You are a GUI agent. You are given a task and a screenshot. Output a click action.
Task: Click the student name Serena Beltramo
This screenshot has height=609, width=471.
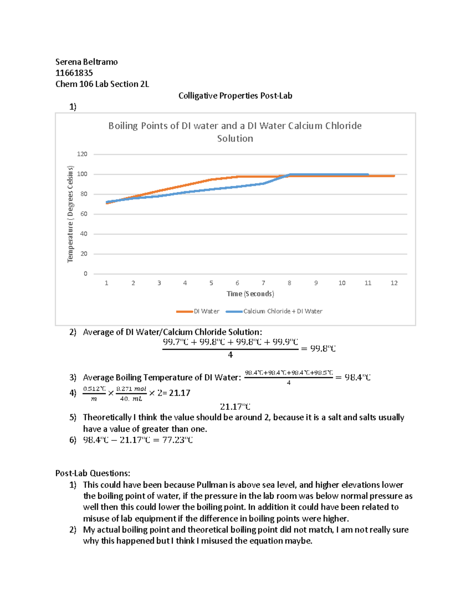(x=86, y=62)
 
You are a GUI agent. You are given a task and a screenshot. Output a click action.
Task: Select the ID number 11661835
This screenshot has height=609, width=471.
(x=74, y=73)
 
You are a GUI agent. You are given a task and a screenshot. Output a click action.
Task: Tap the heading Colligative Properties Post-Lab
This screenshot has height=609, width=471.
(x=235, y=96)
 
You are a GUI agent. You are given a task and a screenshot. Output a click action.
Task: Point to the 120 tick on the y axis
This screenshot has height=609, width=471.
(x=82, y=154)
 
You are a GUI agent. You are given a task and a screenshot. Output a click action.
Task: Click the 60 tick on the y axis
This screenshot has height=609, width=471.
(x=84, y=214)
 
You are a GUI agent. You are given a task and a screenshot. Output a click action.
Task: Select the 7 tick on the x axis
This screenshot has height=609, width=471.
(x=263, y=283)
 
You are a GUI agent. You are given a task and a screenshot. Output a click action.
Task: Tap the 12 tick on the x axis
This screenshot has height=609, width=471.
(x=394, y=283)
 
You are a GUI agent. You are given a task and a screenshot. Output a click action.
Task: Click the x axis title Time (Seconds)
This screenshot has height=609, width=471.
(x=250, y=294)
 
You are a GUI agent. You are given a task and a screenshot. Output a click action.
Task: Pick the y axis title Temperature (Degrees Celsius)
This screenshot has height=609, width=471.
(x=70, y=214)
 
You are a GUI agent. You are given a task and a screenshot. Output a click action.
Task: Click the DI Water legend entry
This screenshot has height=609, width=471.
(x=198, y=311)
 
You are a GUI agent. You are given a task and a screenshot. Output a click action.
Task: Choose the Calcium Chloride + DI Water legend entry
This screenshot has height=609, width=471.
(x=274, y=311)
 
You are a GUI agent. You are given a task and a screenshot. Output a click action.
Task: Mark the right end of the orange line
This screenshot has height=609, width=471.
(x=394, y=176)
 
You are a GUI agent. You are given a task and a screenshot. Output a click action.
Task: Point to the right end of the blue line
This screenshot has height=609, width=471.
(x=367, y=175)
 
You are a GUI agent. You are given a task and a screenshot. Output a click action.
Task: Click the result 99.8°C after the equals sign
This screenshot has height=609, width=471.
(x=323, y=349)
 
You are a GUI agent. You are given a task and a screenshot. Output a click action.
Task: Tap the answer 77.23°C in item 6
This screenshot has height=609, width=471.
(x=177, y=440)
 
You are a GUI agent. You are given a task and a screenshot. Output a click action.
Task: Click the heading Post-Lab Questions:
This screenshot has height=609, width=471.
(x=93, y=473)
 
